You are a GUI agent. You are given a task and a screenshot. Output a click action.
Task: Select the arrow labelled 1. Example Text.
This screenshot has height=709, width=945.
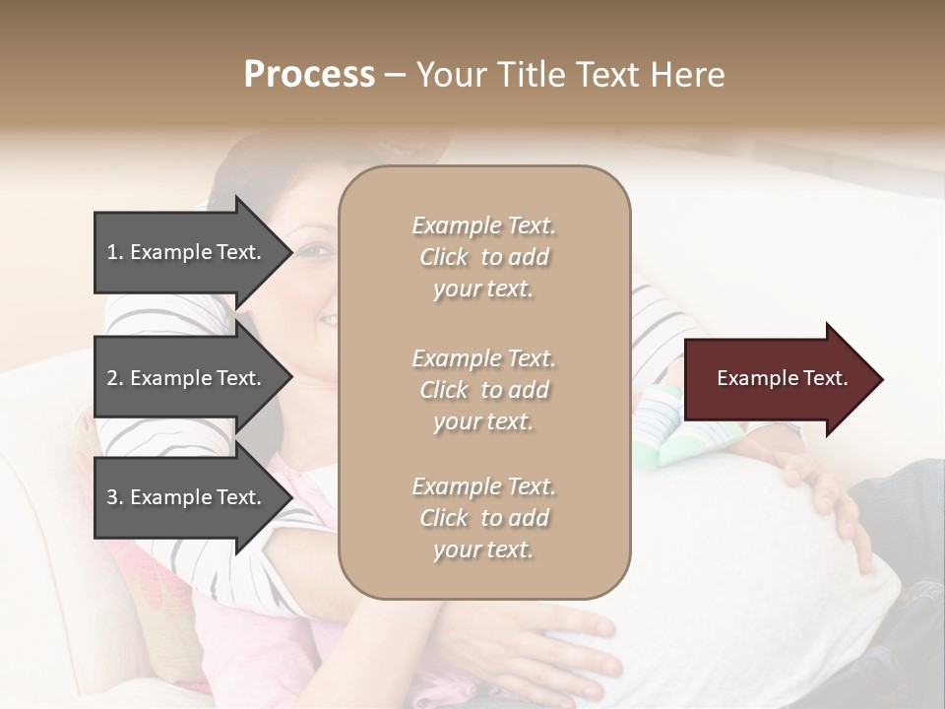tap(187, 252)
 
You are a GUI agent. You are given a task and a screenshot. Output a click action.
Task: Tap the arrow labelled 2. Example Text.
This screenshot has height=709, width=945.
tap(187, 378)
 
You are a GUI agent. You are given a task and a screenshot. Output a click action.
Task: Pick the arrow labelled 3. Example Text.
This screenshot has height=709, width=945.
tap(187, 497)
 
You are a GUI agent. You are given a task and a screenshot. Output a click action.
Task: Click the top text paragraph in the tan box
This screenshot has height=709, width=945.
tap(483, 257)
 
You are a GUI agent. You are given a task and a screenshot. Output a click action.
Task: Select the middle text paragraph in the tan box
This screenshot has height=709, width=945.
tap(483, 390)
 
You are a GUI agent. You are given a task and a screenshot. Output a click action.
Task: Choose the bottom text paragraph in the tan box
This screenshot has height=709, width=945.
tap(483, 518)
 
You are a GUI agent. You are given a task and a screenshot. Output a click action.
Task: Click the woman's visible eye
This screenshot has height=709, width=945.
tap(313, 252)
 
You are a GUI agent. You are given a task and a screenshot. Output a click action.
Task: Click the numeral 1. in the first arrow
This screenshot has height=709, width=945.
tap(115, 252)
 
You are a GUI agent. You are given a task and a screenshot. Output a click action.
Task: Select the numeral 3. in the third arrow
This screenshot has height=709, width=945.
tap(115, 497)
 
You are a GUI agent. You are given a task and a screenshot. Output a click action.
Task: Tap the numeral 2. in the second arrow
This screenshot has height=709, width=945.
tap(115, 378)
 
